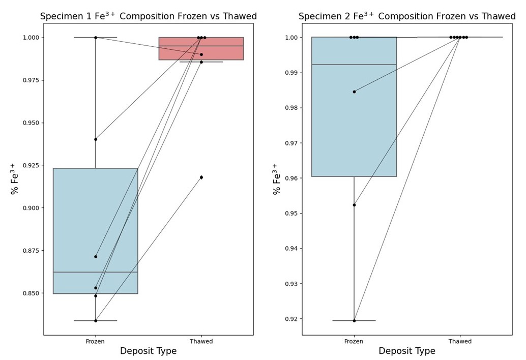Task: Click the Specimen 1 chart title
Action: coord(148,16)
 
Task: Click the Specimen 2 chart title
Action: coord(407,16)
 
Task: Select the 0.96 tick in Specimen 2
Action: coord(290,178)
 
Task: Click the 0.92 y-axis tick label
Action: coord(290,319)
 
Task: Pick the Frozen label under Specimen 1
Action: coord(95,341)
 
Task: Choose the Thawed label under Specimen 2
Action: coord(459,341)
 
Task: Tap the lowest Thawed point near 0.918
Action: coord(201,177)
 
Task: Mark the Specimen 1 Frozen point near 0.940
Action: coord(96,139)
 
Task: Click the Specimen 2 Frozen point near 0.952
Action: coord(354,205)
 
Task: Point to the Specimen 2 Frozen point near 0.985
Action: coord(354,92)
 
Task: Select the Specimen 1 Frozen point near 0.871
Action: coord(96,257)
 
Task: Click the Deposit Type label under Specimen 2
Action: coord(407,351)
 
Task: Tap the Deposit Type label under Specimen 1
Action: coord(148,351)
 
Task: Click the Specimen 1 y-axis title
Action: coord(15,179)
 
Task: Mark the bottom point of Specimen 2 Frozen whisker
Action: coord(354,320)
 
